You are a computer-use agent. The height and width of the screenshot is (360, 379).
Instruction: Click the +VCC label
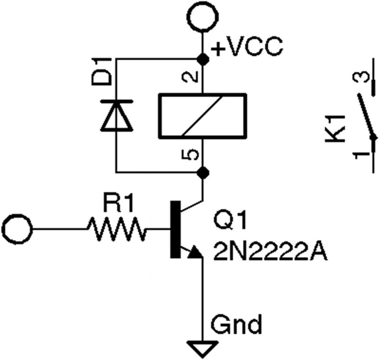pos(247,47)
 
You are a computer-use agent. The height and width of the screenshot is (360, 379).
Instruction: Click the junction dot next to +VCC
pos(203,59)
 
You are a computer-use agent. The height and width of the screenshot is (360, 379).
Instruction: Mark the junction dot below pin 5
pos(203,172)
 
